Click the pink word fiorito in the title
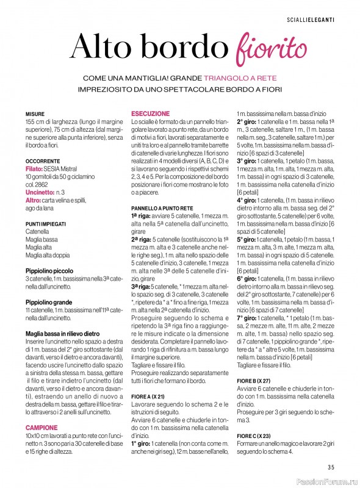tap(263, 48)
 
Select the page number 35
tap(331, 468)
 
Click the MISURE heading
tap(35, 114)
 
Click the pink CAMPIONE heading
tap(42, 428)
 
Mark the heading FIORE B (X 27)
tap(254, 380)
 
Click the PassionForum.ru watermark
tap(326, 481)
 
